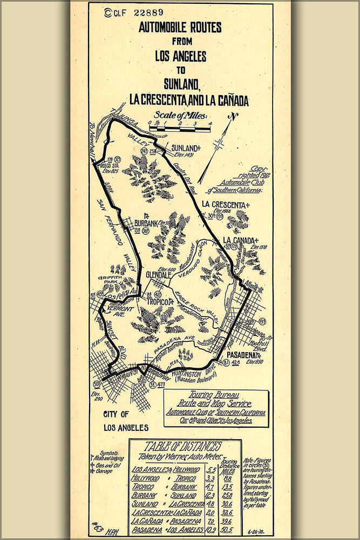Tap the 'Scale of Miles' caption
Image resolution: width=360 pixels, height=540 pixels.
click(x=183, y=114)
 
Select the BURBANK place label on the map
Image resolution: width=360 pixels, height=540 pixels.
click(x=144, y=222)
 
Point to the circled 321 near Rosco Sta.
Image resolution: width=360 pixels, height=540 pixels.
click(x=117, y=159)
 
